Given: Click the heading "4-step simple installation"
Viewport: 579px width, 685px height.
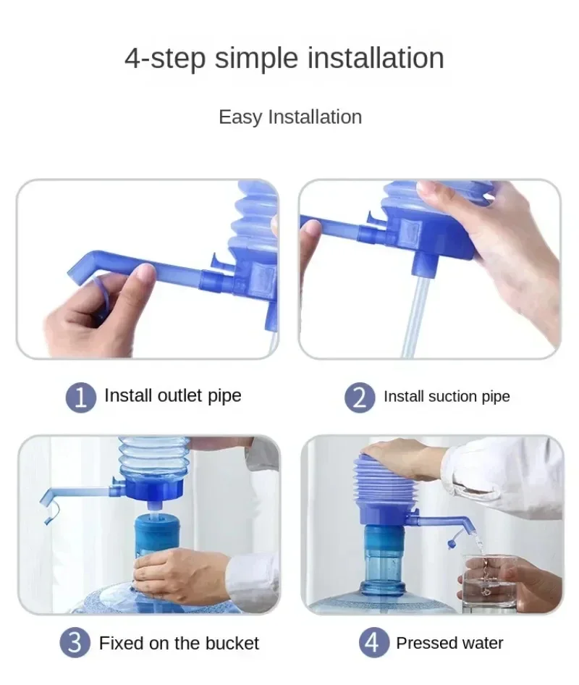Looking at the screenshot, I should [284, 58].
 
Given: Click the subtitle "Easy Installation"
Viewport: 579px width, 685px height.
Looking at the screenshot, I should [289, 117].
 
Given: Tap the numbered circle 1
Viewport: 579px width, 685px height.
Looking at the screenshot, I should [81, 397].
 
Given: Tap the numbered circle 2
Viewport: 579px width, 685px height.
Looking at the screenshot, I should [360, 397].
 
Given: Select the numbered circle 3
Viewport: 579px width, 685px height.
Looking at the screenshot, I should [75, 643].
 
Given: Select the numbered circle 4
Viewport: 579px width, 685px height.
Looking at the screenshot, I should [372, 643].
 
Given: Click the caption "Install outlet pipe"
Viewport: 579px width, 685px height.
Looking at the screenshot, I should [172, 395].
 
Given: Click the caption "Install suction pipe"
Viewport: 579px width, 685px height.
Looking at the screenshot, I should [447, 397].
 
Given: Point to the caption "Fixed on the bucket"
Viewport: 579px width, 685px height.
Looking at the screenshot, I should [179, 643].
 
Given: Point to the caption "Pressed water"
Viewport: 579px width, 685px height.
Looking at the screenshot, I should [449, 643].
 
